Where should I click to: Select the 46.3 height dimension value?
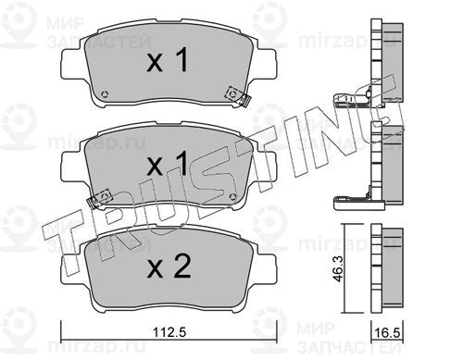point(339,268)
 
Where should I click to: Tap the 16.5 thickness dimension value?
point(387,333)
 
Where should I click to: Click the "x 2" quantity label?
point(169,266)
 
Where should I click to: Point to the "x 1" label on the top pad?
point(168,60)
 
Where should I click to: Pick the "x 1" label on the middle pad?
point(168,164)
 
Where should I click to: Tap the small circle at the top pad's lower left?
point(105,93)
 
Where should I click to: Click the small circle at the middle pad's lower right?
point(233,196)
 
